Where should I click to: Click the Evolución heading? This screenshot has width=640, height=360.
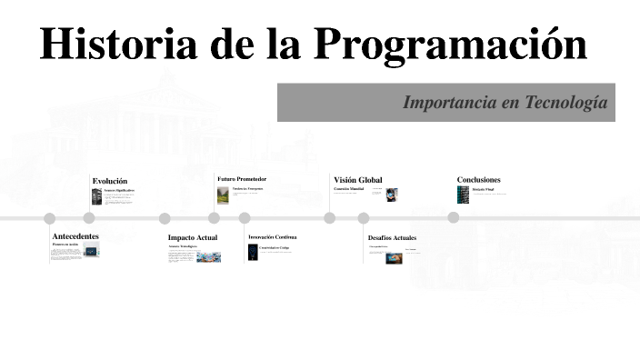(110, 181)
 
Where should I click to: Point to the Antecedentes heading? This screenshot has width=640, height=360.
(75, 236)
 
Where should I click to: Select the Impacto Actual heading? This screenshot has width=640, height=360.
(193, 237)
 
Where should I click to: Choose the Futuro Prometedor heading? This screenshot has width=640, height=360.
(242, 179)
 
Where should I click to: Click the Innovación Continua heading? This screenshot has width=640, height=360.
(273, 237)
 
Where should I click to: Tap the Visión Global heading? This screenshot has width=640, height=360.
(358, 180)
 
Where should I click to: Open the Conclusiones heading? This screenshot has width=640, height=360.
(478, 180)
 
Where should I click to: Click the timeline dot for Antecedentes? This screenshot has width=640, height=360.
(50, 218)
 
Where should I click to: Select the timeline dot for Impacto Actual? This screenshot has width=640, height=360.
(165, 218)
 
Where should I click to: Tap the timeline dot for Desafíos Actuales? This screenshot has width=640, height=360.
(364, 218)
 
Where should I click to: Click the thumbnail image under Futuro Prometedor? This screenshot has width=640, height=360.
(223, 195)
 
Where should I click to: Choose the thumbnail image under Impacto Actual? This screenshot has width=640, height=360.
(208, 257)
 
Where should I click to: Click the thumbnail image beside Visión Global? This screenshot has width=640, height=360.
(392, 195)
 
